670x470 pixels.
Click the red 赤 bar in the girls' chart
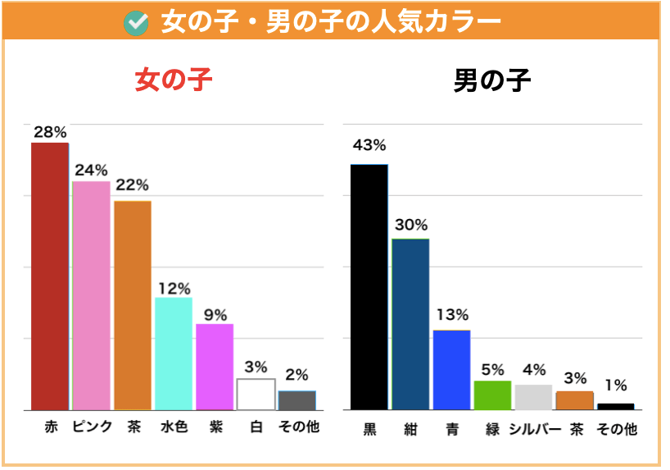click(50, 276)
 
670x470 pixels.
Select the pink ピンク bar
click(91, 295)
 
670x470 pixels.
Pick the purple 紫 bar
click(215, 367)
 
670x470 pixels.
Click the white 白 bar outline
click(256, 394)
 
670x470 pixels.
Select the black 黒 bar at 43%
click(369, 286)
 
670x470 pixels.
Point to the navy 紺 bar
click(410, 323)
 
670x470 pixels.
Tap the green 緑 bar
click(492, 395)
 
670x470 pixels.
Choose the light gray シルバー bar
click(533, 397)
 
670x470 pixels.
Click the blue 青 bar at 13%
click(451, 369)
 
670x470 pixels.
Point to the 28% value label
click(50, 131)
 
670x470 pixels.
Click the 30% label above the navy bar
click(410, 225)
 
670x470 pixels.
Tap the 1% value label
click(615, 385)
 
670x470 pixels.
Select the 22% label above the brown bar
click(132, 185)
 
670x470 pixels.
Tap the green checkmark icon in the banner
click(135, 22)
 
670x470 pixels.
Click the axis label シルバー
click(534, 429)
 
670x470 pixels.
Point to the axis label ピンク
click(91, 427)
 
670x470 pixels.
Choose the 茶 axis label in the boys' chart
click(575, 429)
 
